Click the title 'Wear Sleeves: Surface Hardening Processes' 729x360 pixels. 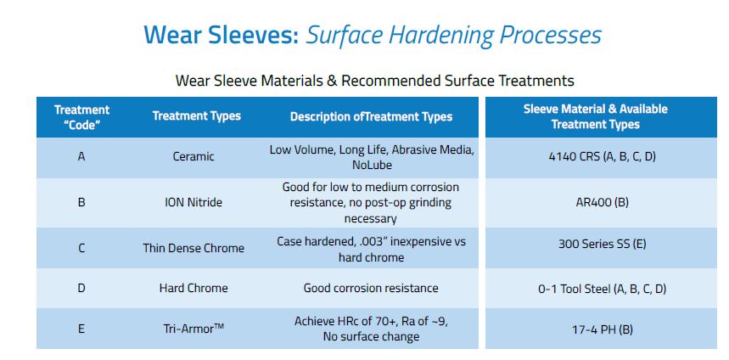373,35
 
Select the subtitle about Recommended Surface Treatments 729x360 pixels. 374,81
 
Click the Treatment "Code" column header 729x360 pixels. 81,116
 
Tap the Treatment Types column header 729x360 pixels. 196,116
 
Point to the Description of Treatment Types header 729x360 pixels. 371,116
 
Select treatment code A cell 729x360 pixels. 81,157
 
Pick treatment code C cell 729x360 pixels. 81,248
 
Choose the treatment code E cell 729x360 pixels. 81,328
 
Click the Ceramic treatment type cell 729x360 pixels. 193,157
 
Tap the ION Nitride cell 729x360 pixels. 193,203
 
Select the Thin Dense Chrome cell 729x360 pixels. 193,248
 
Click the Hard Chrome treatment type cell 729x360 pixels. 193,288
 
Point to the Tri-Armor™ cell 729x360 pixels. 193,328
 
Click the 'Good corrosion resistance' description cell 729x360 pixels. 371,288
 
